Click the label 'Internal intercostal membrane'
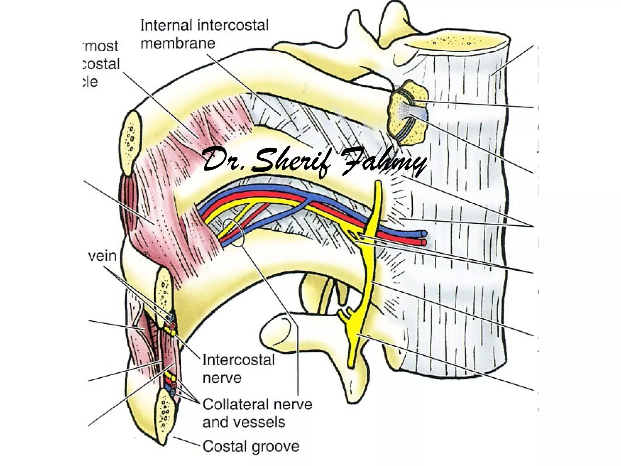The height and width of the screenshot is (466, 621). pyautogui.click(x=204, y=34)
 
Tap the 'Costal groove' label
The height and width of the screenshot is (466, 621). pyautogui.click(x=250, y=446)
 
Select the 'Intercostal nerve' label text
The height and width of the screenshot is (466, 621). pyautogui.click(x=238, y=369)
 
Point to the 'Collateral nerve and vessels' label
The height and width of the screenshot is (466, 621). pyautogui.click(x=257, y=413)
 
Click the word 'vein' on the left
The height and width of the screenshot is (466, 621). pyautogui.click(x=103, y=256)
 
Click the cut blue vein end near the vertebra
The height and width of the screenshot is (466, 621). pyautogui.click(x=424, y=234)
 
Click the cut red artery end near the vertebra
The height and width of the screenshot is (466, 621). pyautogui.click(x=424, y=242)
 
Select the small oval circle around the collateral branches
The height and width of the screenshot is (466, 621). pyautogui.click(x=233, y=232)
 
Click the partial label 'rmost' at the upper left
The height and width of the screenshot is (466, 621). pyautogui.click(x=101, y=46)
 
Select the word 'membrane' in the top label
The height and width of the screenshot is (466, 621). pyautogui.click(x=178, y=43)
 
